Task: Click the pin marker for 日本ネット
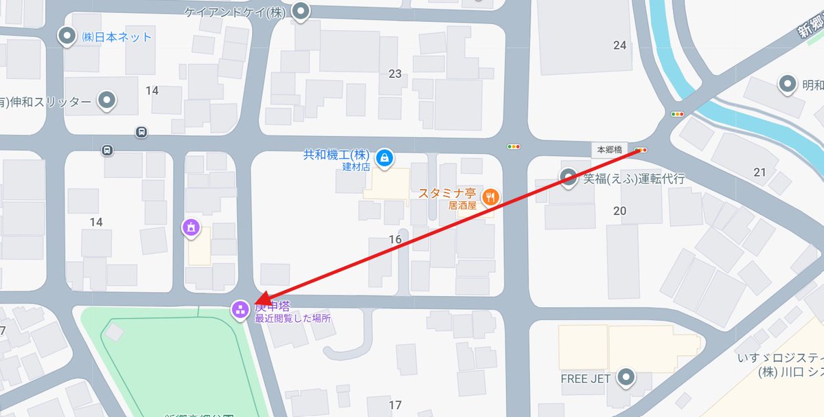pyautogui.click(x=67, y=36)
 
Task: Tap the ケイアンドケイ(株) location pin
pyautogui.click(x=300, y=11)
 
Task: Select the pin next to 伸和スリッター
pyautogui.click(x=106, y=101)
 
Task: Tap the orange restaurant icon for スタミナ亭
pyautogui.click(x=490, y=196)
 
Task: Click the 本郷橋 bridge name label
pyautogui.click(x=609, y=149)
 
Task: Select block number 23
pyautogui.click(x=395, y=74)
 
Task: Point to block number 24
pyautogui.click(x=620, y=45)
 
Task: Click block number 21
pyautogui.click(x=759, y=172)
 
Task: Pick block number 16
pyautogui.click(x=395, y=239)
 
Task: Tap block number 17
pyautogui.click(x=395, y=405)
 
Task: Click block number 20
pyautogui.click(x=620, y=211)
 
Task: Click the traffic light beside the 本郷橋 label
pyautogui.click(x=641, y=149)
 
